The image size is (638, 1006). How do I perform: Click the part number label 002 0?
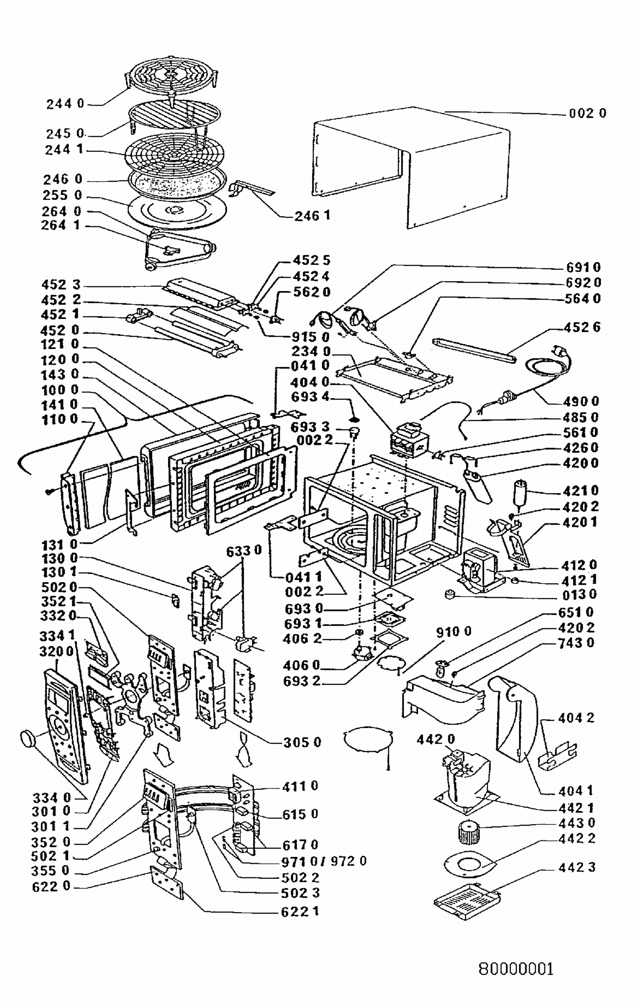[x=587, y=113]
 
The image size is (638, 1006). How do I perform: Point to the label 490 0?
[x=581, y=401]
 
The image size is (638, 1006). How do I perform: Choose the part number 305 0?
[x=302, y=742]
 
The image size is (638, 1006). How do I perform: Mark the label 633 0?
[x=244, y=551]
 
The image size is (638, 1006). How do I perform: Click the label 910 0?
[x=453, y=632]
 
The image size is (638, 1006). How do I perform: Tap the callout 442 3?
[x=577, y=867]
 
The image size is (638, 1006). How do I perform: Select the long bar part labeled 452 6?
[x=474, y=351]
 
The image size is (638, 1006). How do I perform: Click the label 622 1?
[x=300, y=911]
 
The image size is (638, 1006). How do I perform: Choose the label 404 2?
[x=576, y=718]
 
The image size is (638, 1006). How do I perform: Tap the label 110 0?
[x=60, y=420]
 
